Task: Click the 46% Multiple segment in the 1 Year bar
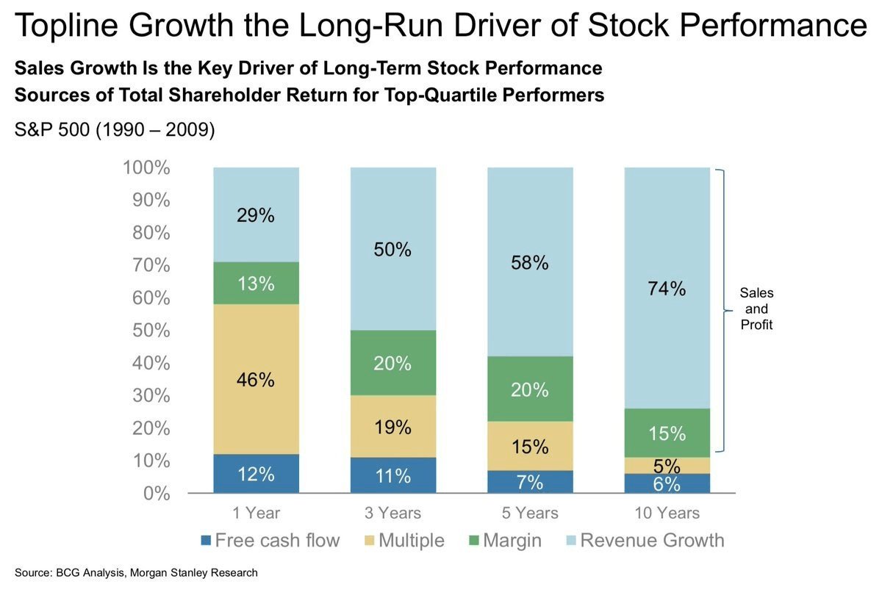[256, 379]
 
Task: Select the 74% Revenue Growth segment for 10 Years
[667, 289]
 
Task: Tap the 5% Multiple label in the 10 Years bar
[667, 466]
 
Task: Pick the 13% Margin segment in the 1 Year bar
[256, 284]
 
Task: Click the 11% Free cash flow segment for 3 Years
[392, 475]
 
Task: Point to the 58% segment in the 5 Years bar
[530, 262]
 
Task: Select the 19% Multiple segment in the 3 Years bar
[392, 427]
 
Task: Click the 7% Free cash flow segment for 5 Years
[530, 482]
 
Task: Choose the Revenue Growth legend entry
[651, 541]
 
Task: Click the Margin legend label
[512, 541]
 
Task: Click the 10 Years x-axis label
[667, 513]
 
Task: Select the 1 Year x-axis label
[256, 513]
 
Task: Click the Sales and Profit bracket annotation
[756, 309]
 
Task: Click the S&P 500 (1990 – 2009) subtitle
[115, 131]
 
